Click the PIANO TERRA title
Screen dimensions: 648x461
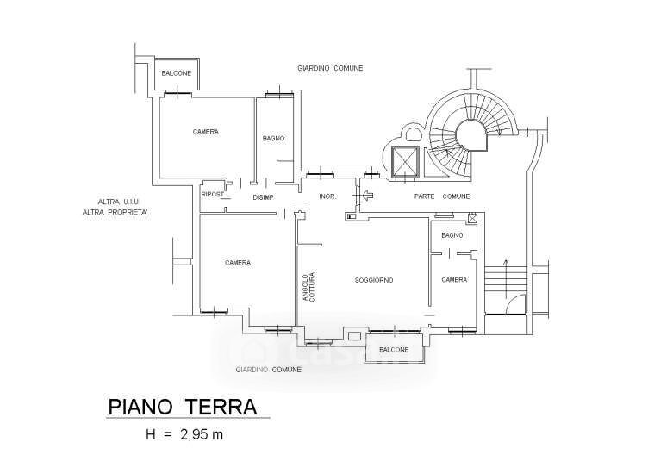coord(183,407)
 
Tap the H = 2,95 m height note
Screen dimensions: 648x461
coord(184,434)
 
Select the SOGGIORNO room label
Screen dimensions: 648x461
coord(374,280)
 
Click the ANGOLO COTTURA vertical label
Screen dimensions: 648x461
coord(308,286)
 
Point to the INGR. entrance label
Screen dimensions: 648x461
coord(327,196)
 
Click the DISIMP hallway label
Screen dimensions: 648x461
coord(263,197)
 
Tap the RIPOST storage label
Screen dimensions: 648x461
coord(213,194)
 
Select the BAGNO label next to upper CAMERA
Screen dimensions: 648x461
coord(273,139)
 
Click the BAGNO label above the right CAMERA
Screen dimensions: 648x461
coord(452,235)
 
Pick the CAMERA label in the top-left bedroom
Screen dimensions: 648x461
coord(206,132)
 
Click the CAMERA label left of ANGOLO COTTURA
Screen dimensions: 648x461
coord(238,263)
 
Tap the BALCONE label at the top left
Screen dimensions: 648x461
coord(177,73)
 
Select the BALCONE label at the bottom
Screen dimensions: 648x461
coord(394,350)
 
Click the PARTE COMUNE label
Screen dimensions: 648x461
coord(442,196)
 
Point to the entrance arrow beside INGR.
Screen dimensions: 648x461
coord(368,194)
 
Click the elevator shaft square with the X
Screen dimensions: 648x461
coord(405,162)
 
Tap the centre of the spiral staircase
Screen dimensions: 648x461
coord(470,135)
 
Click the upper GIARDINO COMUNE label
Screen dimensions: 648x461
coord(330,68)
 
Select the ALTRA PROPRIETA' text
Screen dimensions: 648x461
coord(115,213)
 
